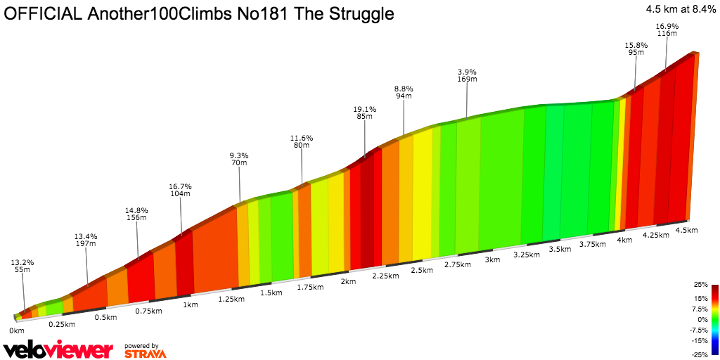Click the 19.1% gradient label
[365, 109]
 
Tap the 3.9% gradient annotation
[467, 72]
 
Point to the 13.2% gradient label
[22, 262]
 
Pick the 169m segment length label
[467, 79]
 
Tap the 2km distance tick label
[347, 281]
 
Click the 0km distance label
[16, 330]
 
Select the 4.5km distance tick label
[686, 230]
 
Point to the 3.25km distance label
[527, 255]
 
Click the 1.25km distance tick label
[231, 299]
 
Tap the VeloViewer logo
[58, 350]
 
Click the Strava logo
[145, 353]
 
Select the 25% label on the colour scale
[700, 285]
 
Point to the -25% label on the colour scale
[699, 354]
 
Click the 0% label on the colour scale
[702, 319]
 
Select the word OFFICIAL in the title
[43, 14]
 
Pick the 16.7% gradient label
[180, 186]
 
